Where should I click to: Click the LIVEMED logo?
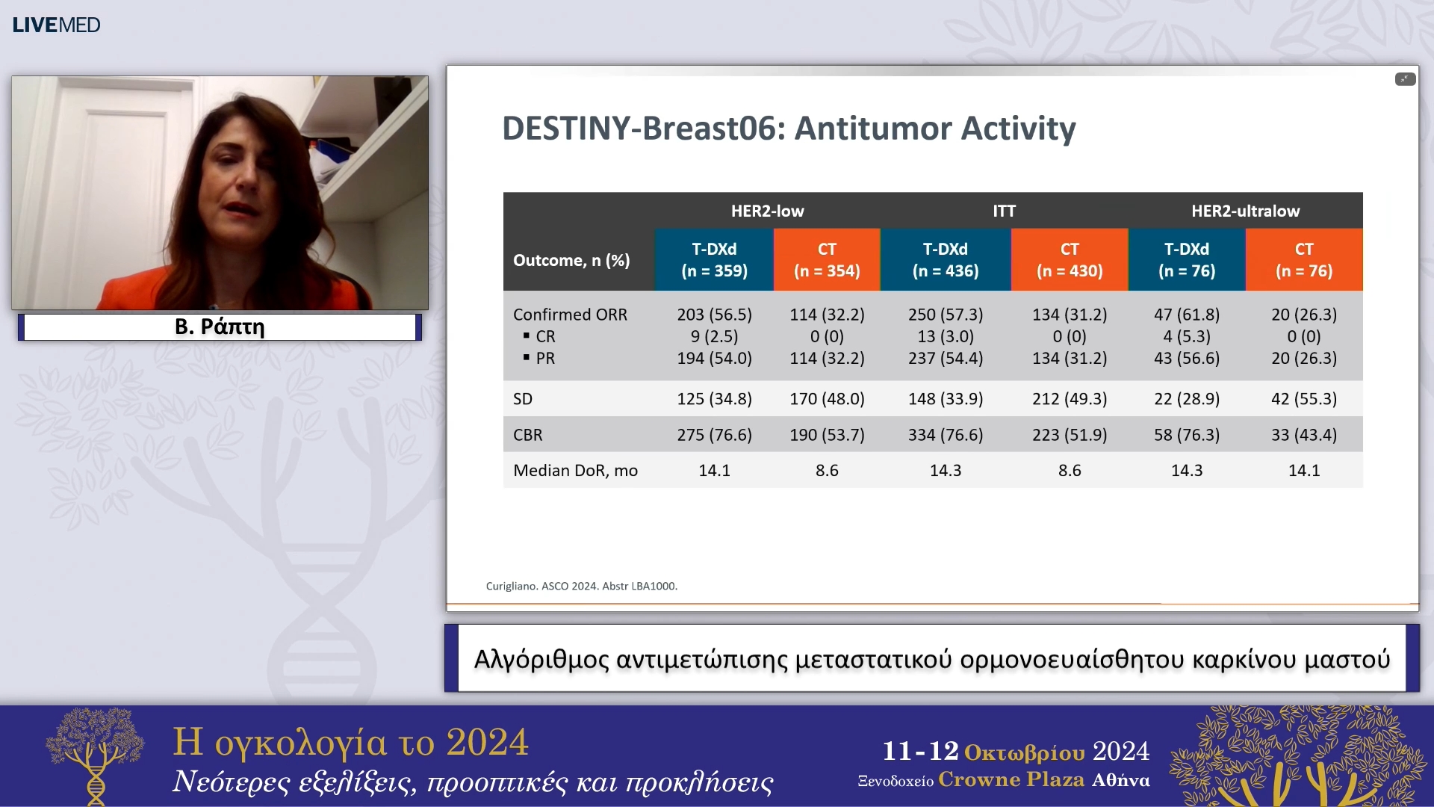point(56,25)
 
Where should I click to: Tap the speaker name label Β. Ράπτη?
point(220,327)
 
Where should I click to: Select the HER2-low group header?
point(767,211)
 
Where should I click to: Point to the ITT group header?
point(1004,211)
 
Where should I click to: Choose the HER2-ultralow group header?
point(1245,211)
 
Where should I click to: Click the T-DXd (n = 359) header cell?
point(714,259)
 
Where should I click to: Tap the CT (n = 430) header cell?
point(1069,259)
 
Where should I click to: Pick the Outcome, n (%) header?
point(571,260)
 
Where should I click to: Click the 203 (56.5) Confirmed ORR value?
point(714,315)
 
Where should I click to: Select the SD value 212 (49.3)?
point(1069,398)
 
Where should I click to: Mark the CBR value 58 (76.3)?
point(1186,434)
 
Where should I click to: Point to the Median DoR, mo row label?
point(575,470)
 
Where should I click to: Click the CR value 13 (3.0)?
point(945,336)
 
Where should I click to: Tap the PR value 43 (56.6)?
point(1186,358)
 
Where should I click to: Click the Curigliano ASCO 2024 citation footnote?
point(581,586)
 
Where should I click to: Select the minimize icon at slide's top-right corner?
point(1405,79)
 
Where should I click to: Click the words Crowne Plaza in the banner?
point(1011,779)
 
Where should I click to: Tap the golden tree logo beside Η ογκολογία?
point(95,755)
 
